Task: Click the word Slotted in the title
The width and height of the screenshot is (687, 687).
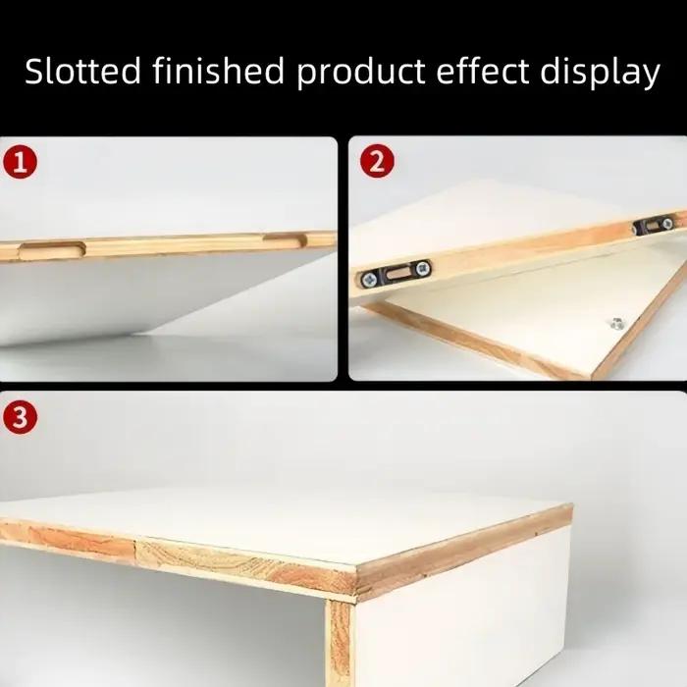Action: (82, 71)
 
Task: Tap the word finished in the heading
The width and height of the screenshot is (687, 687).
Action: (219, 70)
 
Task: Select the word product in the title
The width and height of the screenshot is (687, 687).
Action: (361, 74)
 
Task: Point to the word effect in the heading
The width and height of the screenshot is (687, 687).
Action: (483, 70)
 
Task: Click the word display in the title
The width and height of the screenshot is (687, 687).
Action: (600, 74)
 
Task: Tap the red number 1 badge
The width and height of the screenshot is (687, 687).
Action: (21, 163)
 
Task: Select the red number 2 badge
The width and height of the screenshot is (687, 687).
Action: (377, 161)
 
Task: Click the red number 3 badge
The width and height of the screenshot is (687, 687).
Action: (21, 417)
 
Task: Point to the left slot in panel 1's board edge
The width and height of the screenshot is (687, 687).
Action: (52, 250)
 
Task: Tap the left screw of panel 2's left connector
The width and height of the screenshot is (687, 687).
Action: (369, 278)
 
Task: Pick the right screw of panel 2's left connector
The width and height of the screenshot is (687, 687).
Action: (422, 268)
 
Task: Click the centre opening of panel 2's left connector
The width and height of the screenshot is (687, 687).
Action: (396, 273)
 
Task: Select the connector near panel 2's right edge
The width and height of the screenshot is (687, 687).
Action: (654, 225)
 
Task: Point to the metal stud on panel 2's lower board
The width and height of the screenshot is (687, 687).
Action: (617, 323)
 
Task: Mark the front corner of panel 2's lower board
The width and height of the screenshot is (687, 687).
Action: (592, 378)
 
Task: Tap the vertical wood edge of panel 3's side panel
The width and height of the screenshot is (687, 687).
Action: (340, 643)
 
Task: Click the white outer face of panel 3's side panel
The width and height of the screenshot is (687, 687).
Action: (462, 613)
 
